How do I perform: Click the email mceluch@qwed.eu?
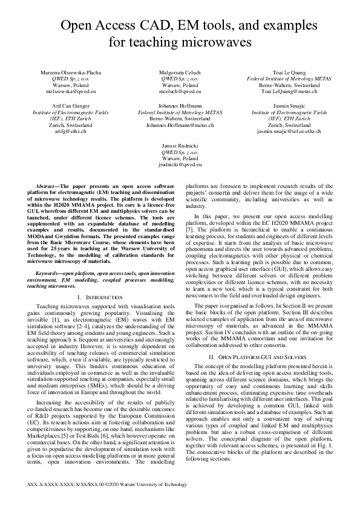point(180,92)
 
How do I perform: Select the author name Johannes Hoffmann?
point(180,106)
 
